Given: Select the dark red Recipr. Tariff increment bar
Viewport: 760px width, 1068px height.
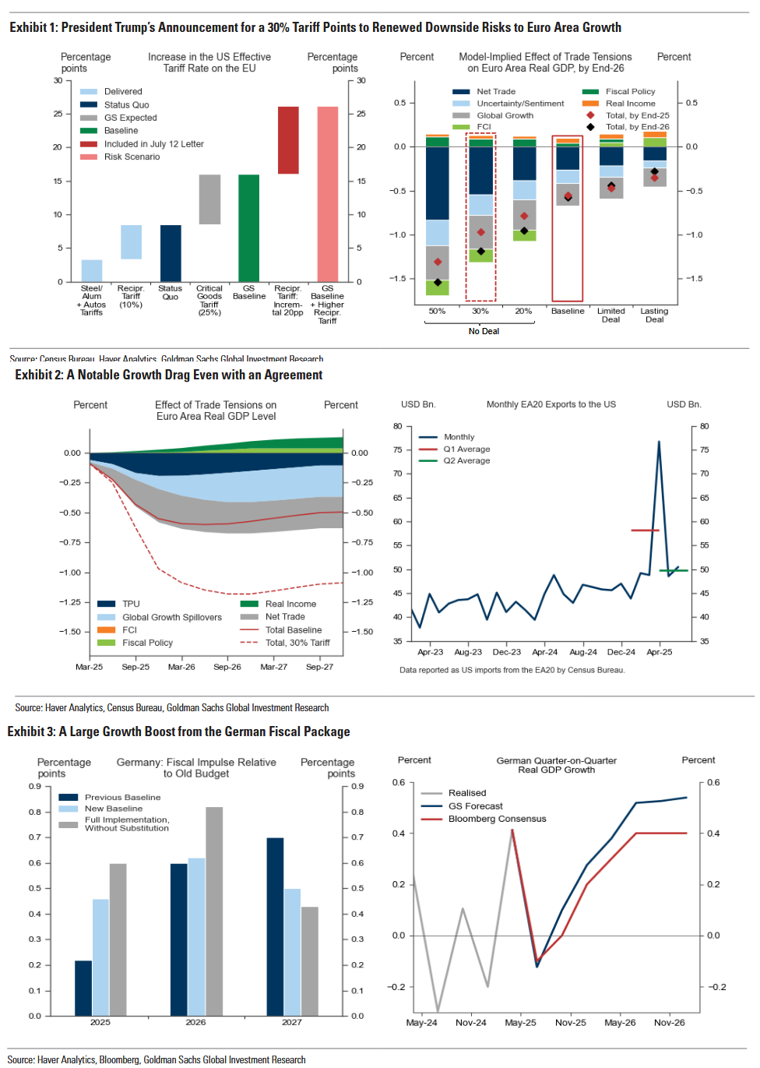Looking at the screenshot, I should tap(288, 140).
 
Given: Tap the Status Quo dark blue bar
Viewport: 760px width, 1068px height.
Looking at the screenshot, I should tap(170, 253).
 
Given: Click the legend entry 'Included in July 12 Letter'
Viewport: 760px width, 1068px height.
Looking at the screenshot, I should tap(153, 144).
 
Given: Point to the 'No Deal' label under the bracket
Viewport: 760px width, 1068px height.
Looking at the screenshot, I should tap(484, 331).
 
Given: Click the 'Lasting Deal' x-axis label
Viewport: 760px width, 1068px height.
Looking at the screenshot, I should tap(654, 315).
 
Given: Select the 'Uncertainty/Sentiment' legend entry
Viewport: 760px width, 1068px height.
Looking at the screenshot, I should tap(520, 104).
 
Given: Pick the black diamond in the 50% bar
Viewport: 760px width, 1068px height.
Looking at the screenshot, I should tap(438, 282).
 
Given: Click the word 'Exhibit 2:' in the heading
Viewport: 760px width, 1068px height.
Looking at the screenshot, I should tap(39, 375).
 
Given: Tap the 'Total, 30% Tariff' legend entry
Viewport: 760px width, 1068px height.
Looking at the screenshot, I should tap(297, 643).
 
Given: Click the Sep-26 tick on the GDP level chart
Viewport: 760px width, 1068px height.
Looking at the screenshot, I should tap(227, 667).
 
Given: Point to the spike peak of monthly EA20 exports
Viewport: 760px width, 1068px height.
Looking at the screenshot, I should tap(659, 442).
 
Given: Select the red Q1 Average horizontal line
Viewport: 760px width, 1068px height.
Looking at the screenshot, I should tap(645, 530).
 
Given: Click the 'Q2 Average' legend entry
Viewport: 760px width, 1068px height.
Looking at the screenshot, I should tap(466, 460).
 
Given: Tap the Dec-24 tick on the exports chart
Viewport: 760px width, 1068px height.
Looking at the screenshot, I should tap(621, 652).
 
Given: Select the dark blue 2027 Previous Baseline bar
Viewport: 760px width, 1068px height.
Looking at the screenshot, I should tap(275, 927).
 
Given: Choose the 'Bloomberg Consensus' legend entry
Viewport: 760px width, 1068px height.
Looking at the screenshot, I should tap(497, 819).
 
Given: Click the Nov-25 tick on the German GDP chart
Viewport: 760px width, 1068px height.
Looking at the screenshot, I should tap(571, 1023).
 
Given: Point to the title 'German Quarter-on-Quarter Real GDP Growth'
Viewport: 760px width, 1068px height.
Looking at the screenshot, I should tap(556, 765).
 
